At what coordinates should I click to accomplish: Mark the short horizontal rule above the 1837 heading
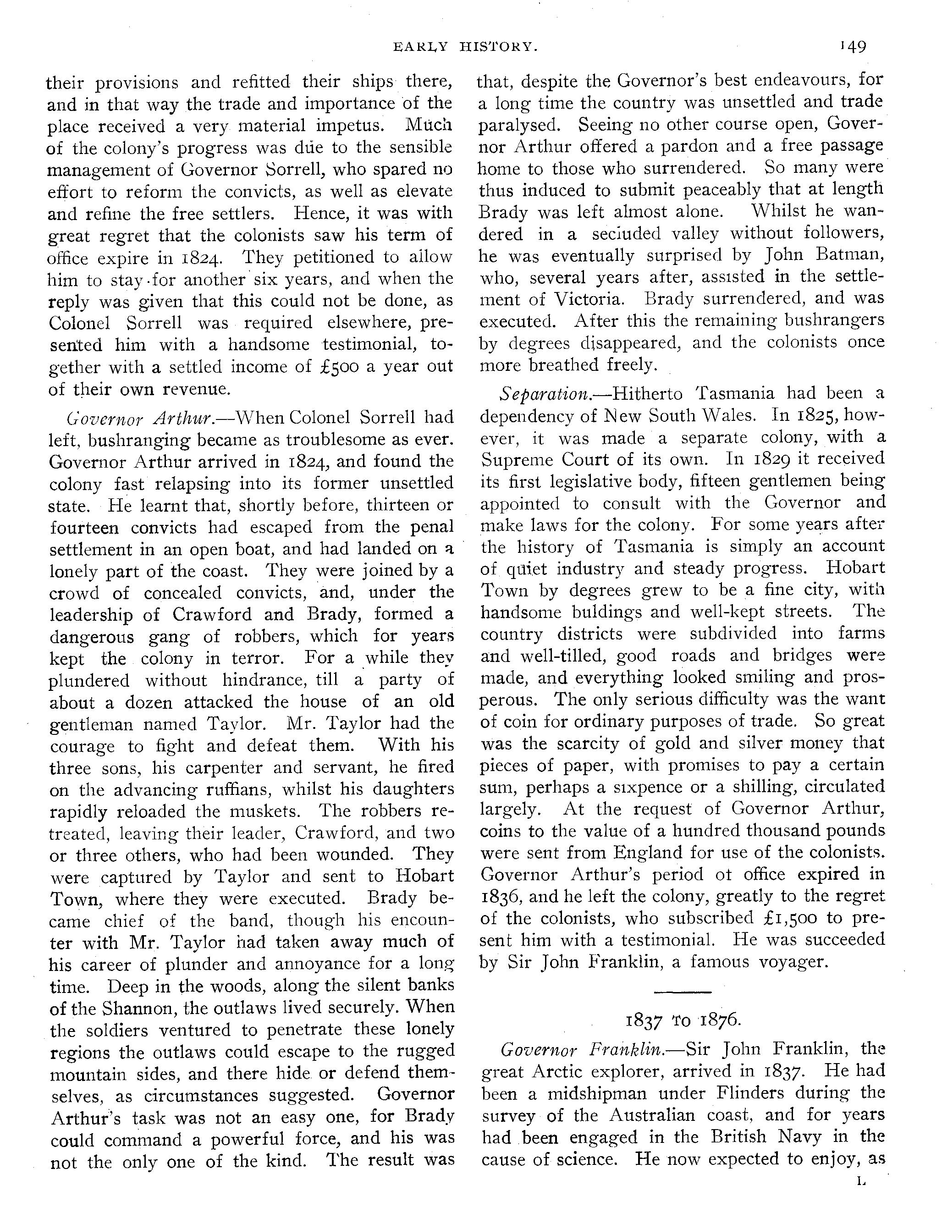point(683,992)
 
